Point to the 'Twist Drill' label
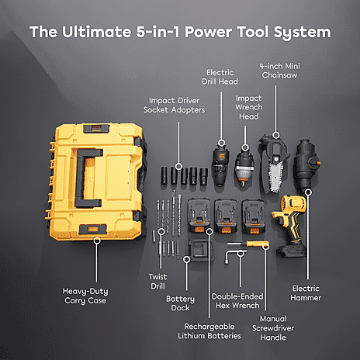click(157, 281)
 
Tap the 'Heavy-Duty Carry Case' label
click(85, 296)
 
